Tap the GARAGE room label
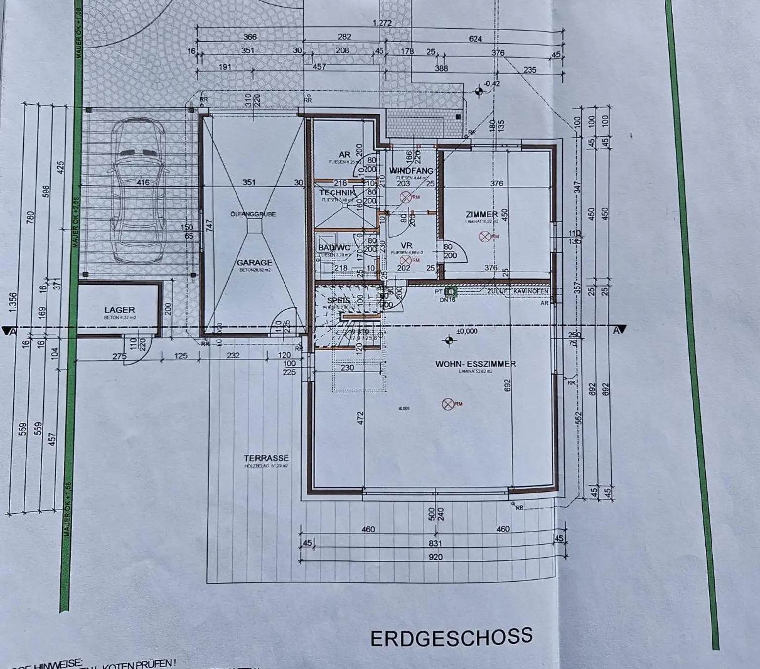coord(254,263)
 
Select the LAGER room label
coord(119,310)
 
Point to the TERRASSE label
coord(266,458)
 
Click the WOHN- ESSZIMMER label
coord(475,364)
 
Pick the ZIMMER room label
coord(481,214)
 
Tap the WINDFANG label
coord(411,171)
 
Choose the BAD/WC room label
coord(334,247)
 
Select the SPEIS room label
coord(339,301)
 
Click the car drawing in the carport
coord(138,193)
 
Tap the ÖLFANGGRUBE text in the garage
coord(253,214)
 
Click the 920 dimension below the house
coord(436,557)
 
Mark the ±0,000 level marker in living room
coord(467,331)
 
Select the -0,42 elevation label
coord(492,84)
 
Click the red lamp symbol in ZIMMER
coord(484,237)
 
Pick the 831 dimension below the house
coord(436,543)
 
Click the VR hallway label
coord(406,245)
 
